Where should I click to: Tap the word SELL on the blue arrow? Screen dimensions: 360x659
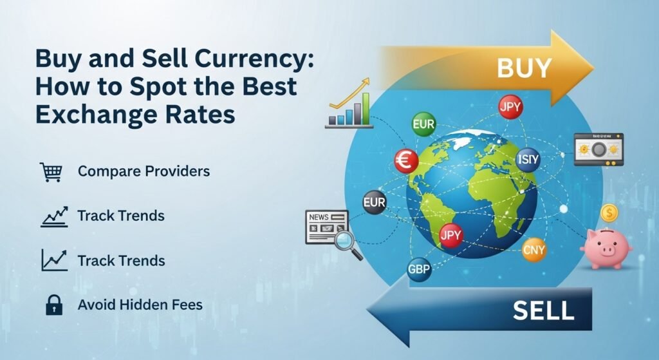pyautogui.click(x=543, y=310)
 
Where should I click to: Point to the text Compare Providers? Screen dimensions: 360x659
pyautogui.click(x=144, y=172)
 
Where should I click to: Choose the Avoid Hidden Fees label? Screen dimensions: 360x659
pyautogui.click(x=140, y=304)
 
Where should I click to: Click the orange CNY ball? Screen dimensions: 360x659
pyautogui.click(x=534, y=249)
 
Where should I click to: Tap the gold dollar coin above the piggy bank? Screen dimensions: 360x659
pyautogui.click(x=609, y=213)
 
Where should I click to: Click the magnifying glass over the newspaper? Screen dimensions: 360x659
pyautogui.click(x=346, y=243)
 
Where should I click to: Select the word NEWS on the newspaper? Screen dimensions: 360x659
pyautogui.click(x=319, y=218)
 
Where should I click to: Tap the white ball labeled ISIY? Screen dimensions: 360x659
pyautogui.click(x=527, y=159)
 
